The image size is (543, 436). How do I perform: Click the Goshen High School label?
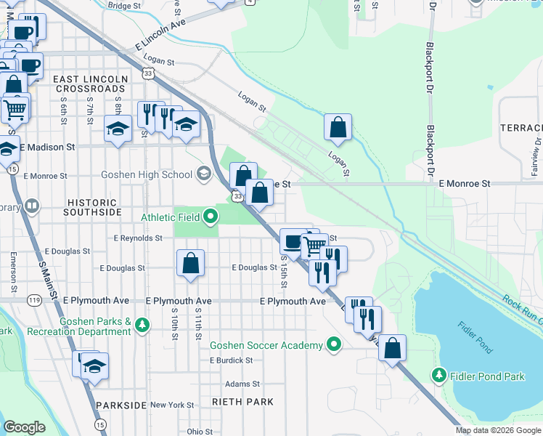(147, 174)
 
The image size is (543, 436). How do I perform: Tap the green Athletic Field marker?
(211, 216)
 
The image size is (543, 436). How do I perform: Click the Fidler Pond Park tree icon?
(438, 376)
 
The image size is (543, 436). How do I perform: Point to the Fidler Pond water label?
(476, 336)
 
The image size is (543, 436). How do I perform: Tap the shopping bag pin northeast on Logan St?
(338, 128)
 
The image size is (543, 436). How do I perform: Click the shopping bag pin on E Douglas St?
(190, 264)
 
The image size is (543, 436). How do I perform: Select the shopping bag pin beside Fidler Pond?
(392, 349)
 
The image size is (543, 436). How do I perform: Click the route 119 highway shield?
(34, 299)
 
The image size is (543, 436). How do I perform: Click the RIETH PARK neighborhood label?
(243, 402)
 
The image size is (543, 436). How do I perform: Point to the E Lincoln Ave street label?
(160, 35)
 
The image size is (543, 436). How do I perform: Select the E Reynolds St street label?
(138, 238)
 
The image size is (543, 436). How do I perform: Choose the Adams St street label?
(242, 384)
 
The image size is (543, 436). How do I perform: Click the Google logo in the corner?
(25, 427)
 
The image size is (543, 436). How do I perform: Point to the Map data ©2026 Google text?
(498, 430)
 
